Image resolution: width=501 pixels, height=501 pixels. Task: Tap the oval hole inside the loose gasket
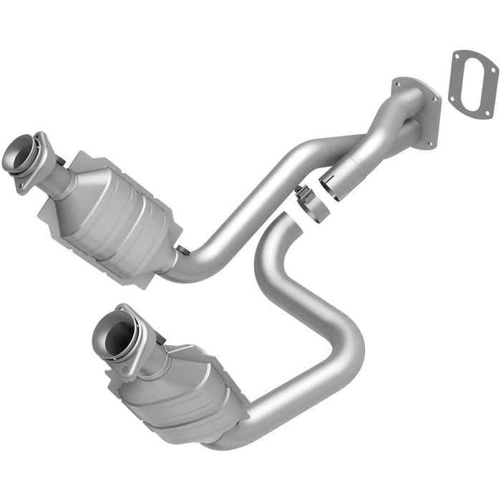click(474, 84)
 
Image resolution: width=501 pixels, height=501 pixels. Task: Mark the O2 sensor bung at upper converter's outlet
click(183, 250)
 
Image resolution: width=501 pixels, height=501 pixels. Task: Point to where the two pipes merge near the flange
click(390, 132)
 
